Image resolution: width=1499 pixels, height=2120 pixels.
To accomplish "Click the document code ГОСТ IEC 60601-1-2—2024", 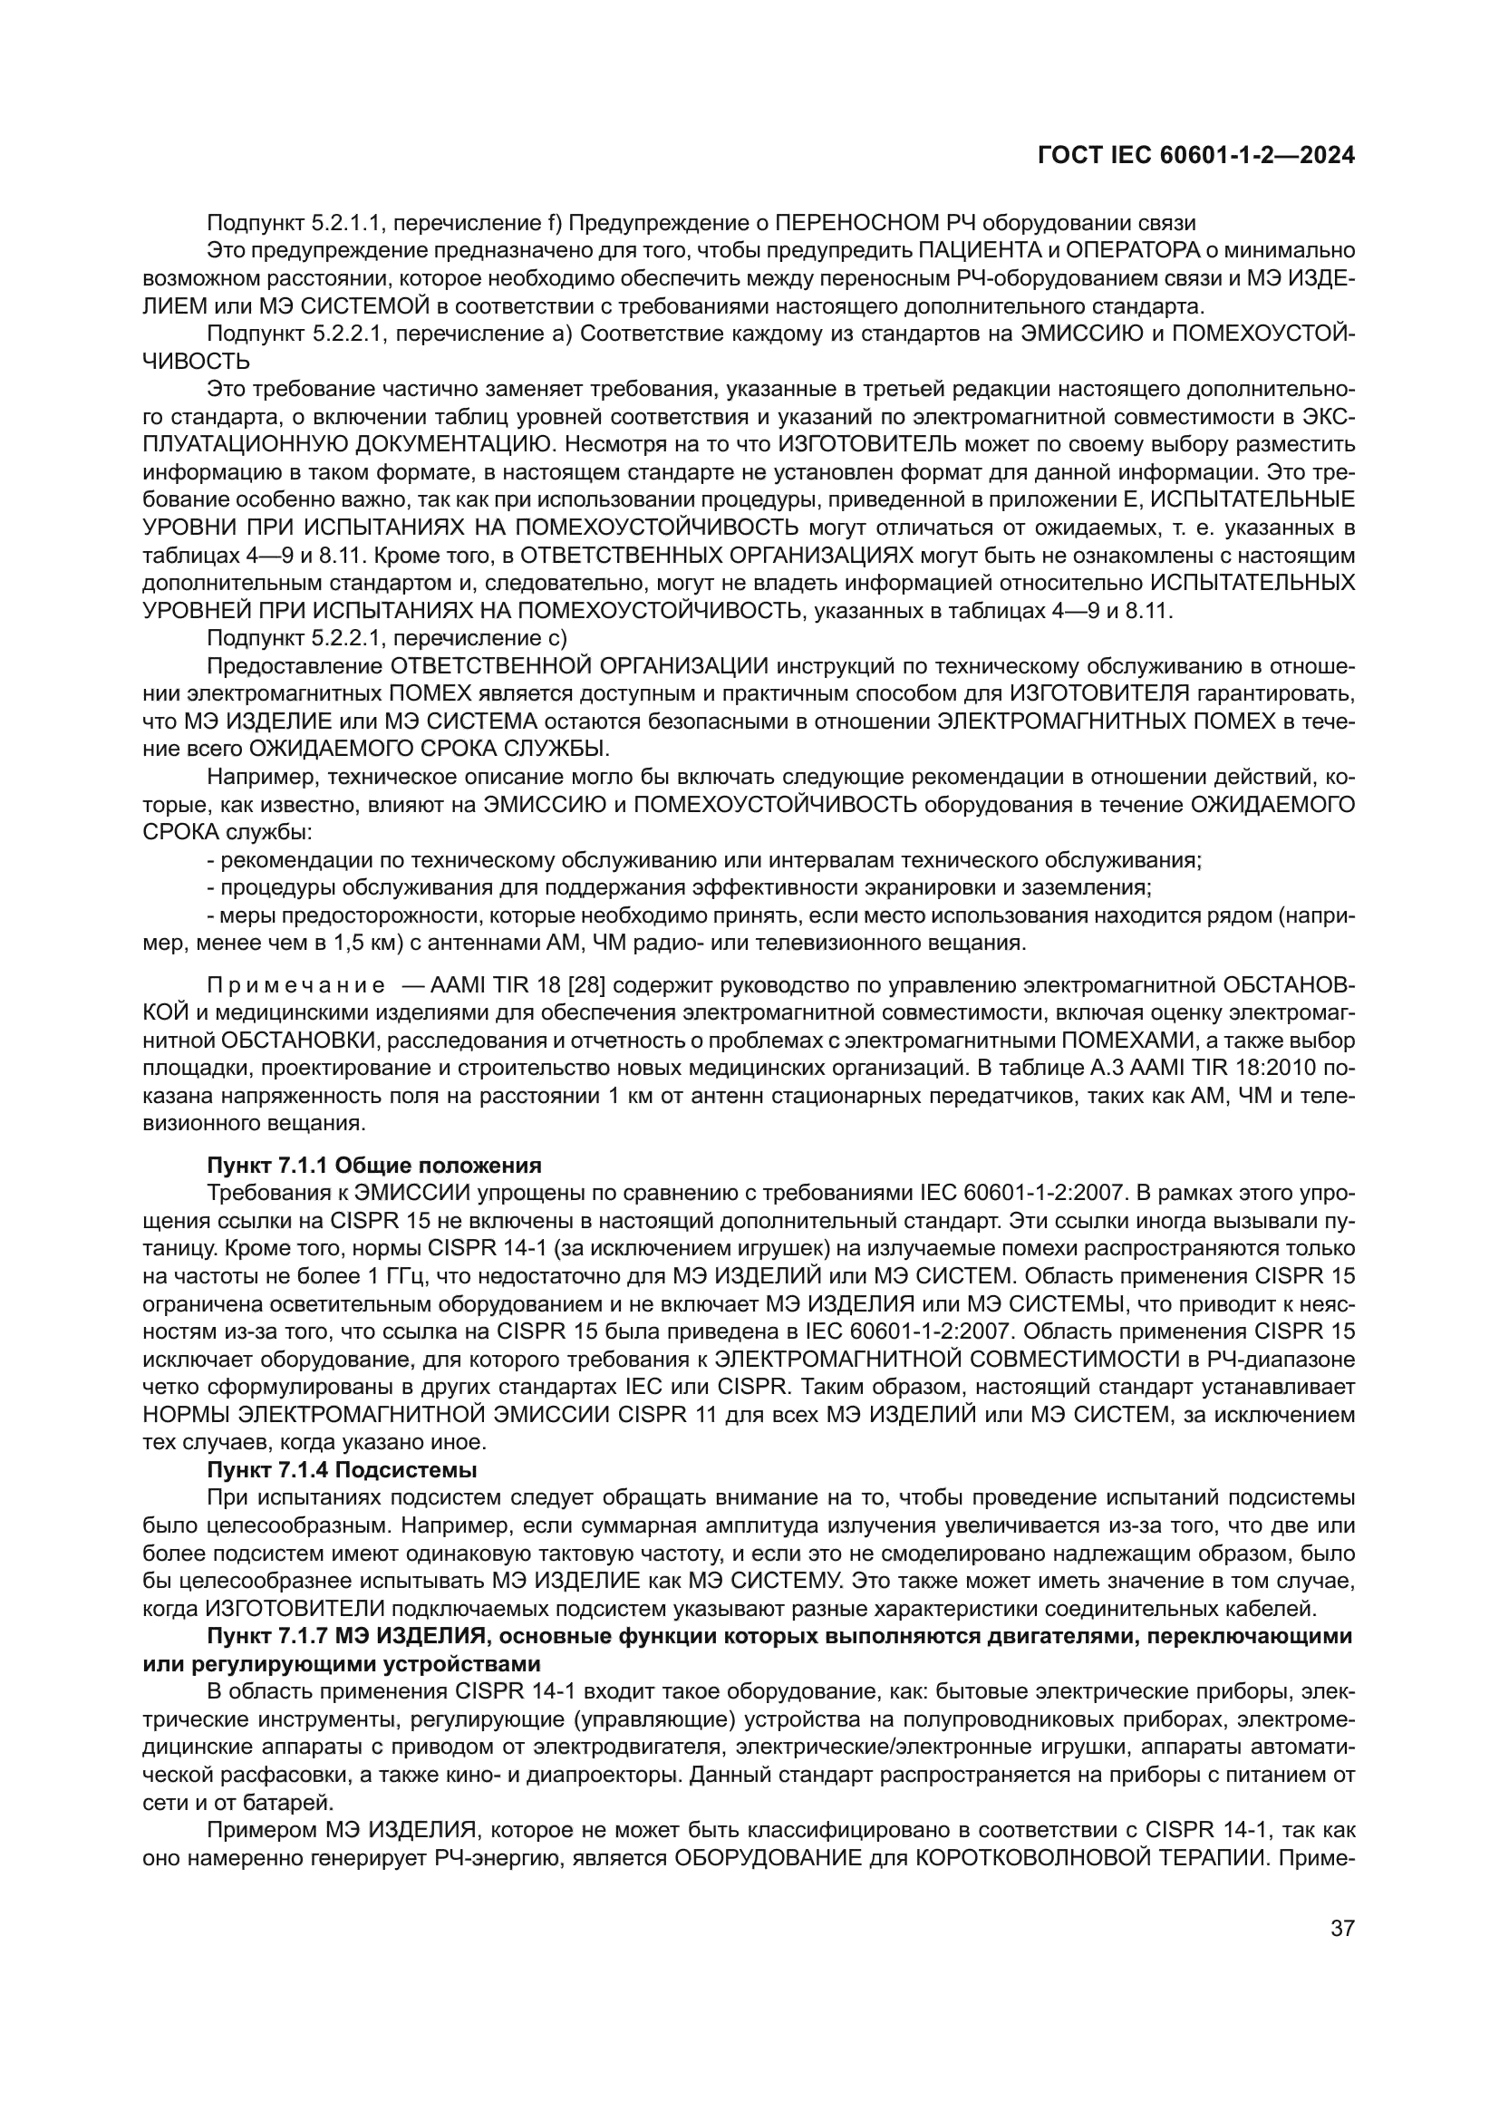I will (x=1196, y=156).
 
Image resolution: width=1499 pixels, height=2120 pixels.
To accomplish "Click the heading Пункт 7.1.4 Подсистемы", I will (x=342, y=1469).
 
